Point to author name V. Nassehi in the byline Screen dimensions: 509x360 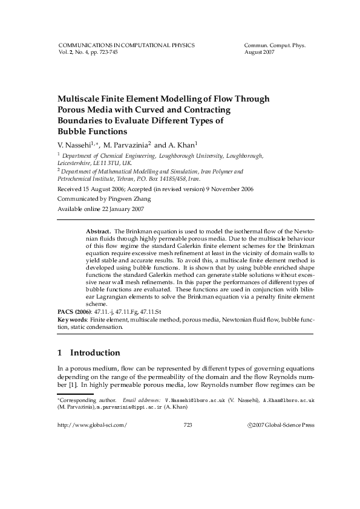click(73, 146)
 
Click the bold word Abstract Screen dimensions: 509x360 click(98, 232)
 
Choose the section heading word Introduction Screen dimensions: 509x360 click(95, 352)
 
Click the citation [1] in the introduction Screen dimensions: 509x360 click(71, 385)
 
